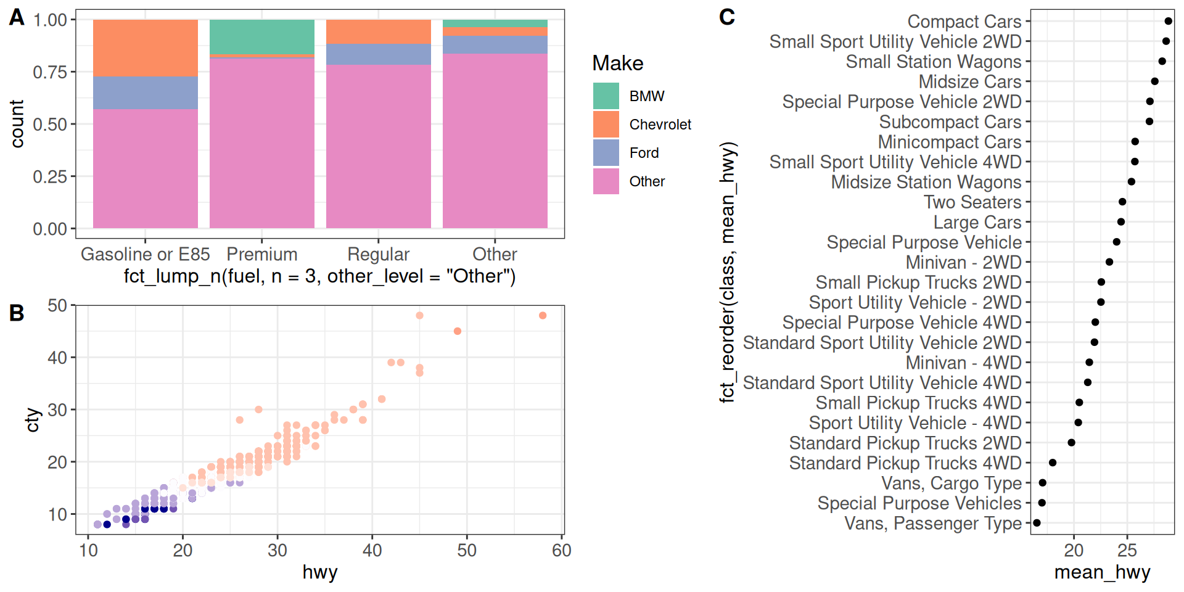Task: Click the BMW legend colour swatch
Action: click(x=606, y=96)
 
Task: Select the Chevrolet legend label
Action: click(x=660, y=125)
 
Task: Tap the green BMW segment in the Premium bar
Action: click(x=262, y=37)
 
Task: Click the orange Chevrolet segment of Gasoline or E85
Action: click(x=146, y=48)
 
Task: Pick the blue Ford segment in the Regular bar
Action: click(x=379, y=55)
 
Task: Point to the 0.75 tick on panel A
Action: click(x=50, y=72)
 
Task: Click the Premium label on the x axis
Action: click(x=262, y=254)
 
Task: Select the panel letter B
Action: click(x=17, y=313)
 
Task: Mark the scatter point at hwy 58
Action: click(x=543, y=316)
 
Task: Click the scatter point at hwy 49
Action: click(x=458, y=331)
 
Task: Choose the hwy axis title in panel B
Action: click(x=320, y=572)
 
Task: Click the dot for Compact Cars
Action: click(x=1168, y=21)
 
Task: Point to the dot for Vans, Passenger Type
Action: click(x=1037, y=523)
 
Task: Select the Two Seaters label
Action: click(x=972, y=202)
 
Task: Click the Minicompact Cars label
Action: click(x=950, y=142)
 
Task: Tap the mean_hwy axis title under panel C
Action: click(x=1102, y=572)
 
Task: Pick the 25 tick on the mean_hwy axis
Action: click(x=1127, y=550)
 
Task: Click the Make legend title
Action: click(x=617, y=64)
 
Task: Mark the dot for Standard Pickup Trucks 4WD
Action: click(x=1053, y=462)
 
